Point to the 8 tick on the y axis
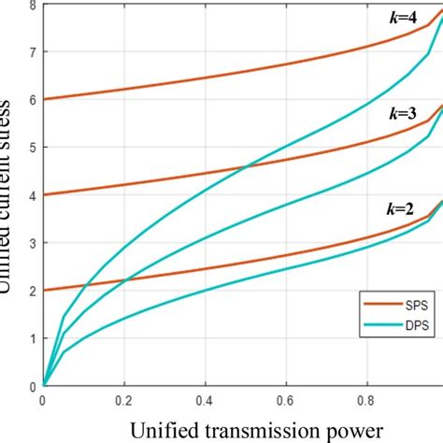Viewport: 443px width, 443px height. (34, 7)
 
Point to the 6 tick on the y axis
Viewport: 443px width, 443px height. (34, 99)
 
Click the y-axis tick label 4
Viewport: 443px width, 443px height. (34, 194)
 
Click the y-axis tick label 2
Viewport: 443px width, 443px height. (34, 290)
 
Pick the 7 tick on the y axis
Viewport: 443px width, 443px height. (34, 51)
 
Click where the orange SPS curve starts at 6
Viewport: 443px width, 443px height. (44, 99)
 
